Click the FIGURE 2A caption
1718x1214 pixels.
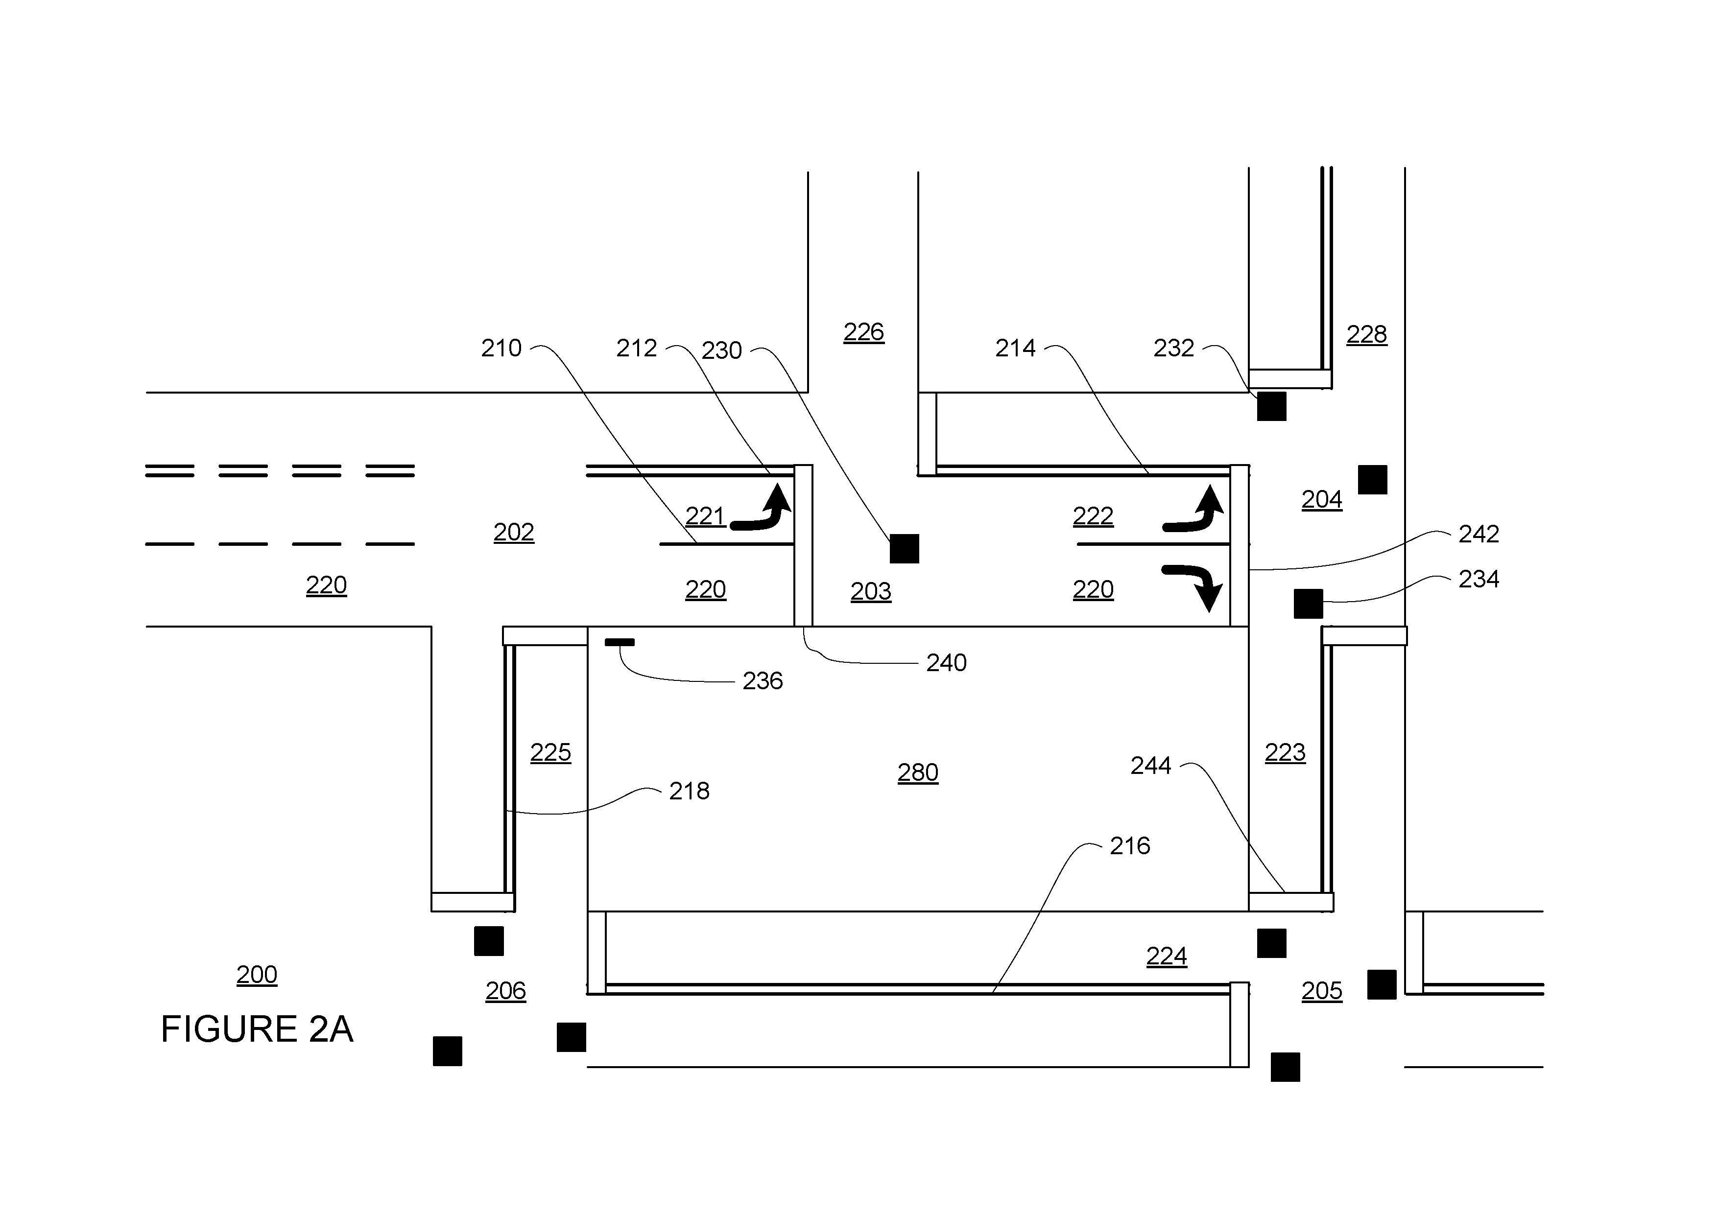coord(257,1029)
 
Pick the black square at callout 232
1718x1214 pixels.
coord(1271,406)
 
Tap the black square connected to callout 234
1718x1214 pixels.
coord(1308,604)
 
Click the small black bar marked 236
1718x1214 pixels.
coord(620,642)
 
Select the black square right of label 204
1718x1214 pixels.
coord(1372,479)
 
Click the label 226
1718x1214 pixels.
coord(863,331)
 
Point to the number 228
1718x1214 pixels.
coord(1366,334)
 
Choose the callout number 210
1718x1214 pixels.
coord(501,348)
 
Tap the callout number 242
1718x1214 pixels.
coord(1479,533)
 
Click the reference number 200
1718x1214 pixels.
coord(257,974)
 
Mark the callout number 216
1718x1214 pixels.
coord(1130,846)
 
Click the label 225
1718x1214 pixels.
coord(551,752)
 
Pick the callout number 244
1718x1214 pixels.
coord(1151,765)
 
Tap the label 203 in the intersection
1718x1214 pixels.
coord(871,591)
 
